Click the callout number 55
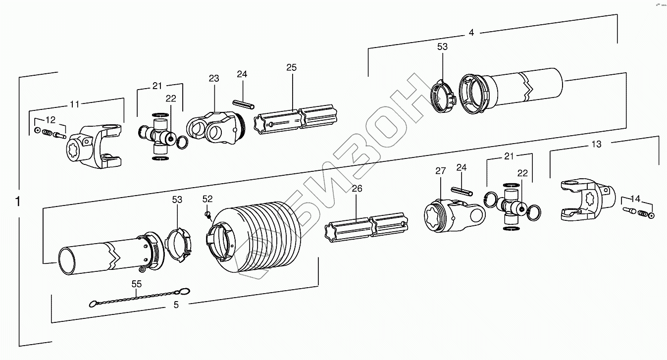click(137, 284)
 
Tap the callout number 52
click(207, 199)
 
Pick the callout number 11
click(74, 104)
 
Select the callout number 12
click(51, 120)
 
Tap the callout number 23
click(213, 78)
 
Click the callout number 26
click(357, 188)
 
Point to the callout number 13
click(597, 144)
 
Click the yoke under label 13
click(587, 199)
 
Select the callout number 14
click(635, 199)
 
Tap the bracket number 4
click(471, 33)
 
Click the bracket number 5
click(176, 305)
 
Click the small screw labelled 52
click(208, 214)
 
